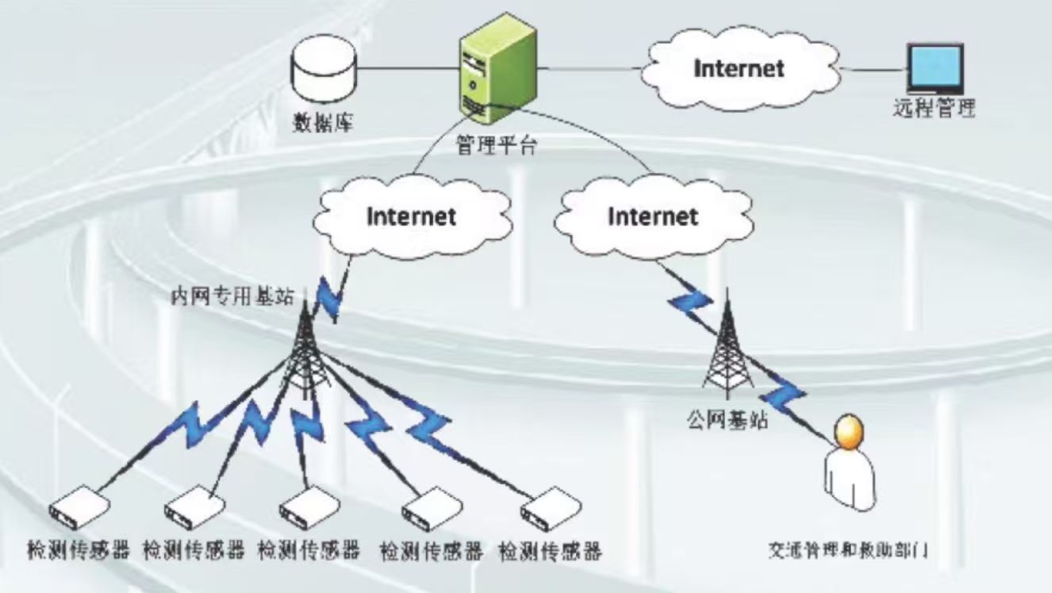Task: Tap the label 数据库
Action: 324,123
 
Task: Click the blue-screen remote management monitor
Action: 935,68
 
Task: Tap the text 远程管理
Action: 934,109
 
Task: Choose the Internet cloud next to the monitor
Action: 739,68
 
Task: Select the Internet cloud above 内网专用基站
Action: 411,216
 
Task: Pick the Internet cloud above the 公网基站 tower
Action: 652,216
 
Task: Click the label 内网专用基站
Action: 232,297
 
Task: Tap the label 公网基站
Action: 728,419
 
